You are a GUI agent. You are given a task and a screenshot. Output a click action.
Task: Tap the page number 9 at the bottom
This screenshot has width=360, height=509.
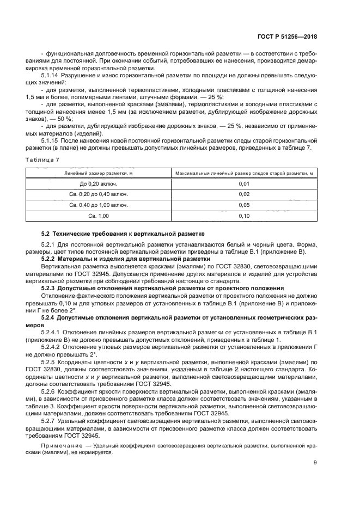[x=314, y=463]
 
